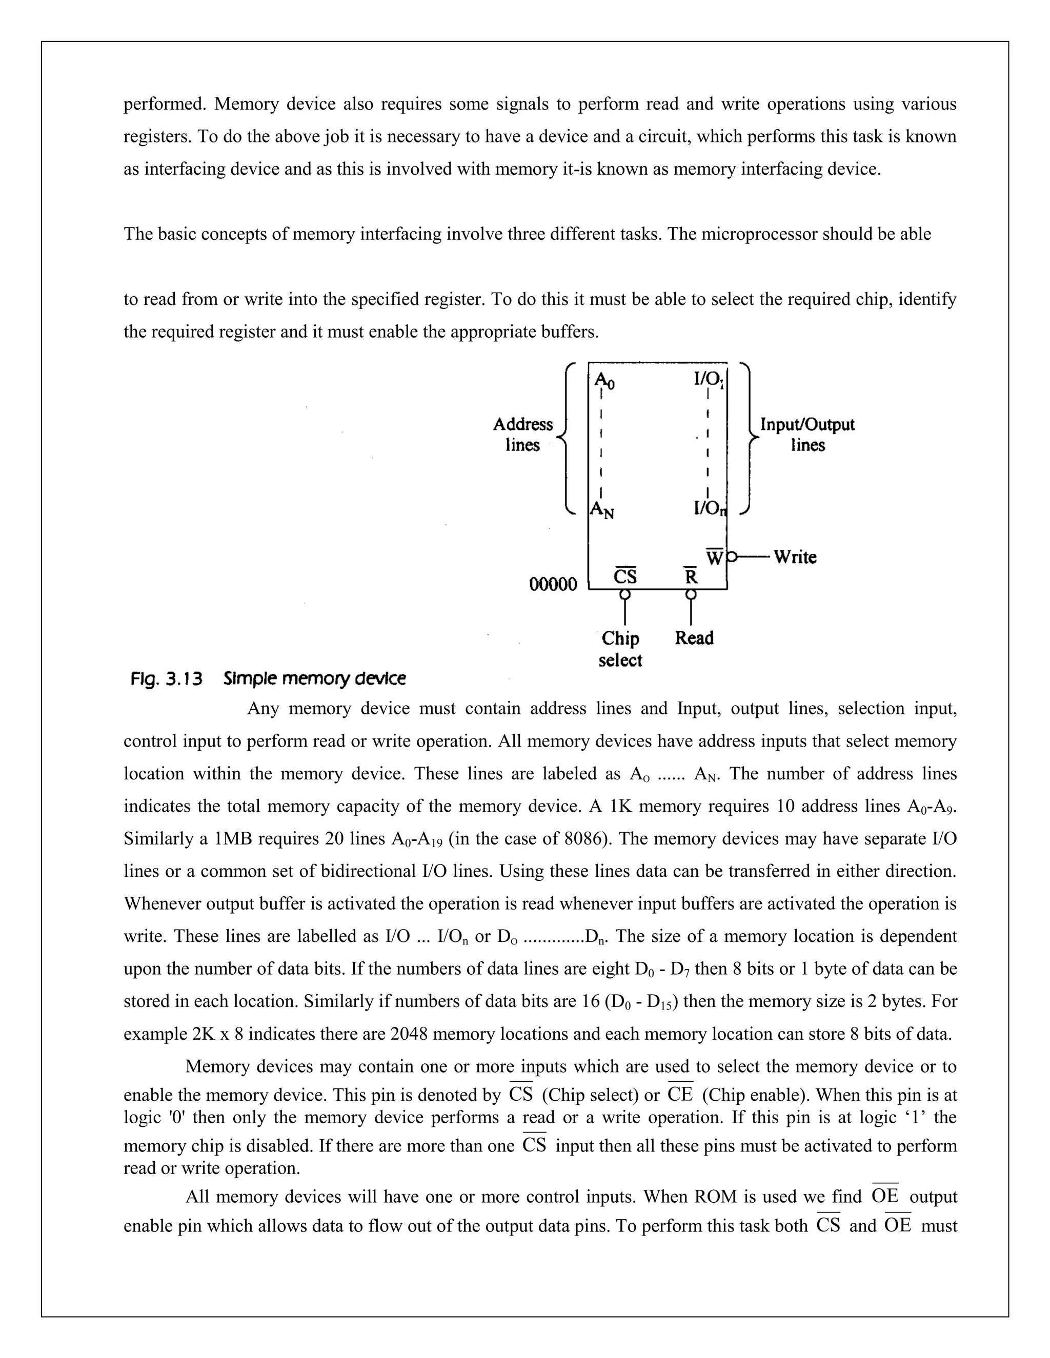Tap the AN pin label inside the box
(x=601, y=510)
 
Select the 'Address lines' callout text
(x=522, y=435)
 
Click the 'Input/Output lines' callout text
(x=807, y=435)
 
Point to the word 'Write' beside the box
(x=795, y=557)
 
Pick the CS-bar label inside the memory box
(x=625, y=577)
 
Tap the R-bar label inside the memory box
(x=691, y=577)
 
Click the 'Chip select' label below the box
(x=620, y=649)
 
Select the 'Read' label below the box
(x=694, y=638)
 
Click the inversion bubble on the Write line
(x=732, y=557)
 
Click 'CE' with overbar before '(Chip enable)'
(x=680, y=1095)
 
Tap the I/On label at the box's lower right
(x=710, y=509)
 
